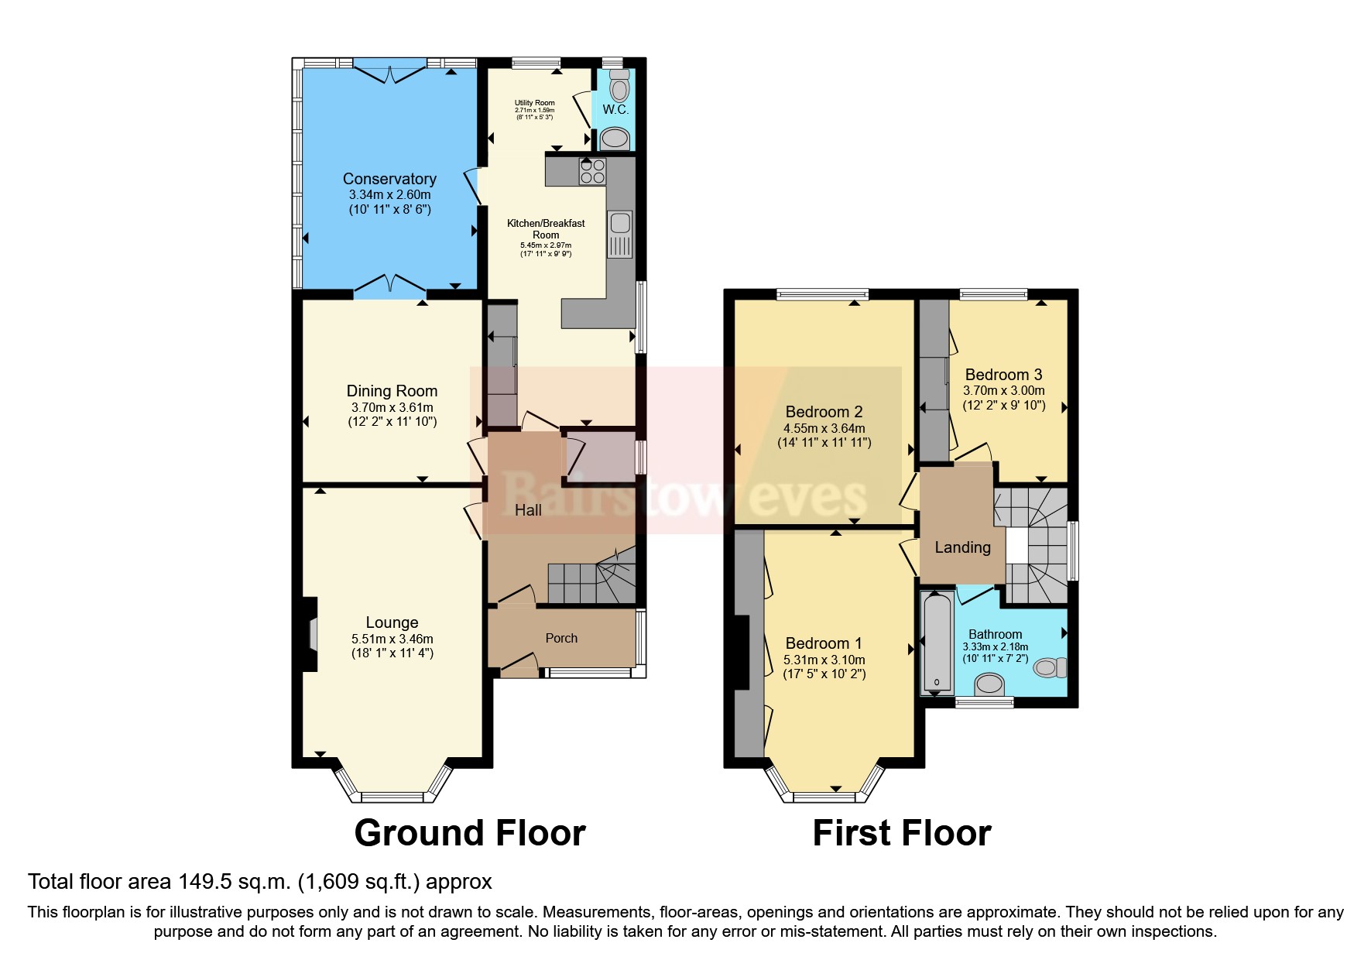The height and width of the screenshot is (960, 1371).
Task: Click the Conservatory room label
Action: [x=389, y=179]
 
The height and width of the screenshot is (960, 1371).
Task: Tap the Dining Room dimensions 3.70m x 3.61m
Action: [x=392, y=407]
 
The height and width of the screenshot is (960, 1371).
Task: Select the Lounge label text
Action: [x=392, y=622]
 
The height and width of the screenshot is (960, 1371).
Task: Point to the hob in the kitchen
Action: [x=592, y=171]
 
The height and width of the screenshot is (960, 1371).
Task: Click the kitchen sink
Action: [x=619, y=224]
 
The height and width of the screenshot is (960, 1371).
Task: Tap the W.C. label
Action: [x=615, y=109]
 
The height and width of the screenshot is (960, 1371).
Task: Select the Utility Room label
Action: [x=534, y=103]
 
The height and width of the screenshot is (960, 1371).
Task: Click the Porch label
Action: [x=561, y=638]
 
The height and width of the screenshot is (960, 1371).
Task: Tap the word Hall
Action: [x=528, y=509]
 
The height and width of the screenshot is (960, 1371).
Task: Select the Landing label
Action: [x=962, y=547]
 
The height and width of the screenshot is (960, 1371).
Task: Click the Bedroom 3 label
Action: [x=1003, y=375]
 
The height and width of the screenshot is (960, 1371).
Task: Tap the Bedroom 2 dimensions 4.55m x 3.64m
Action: [x=824, y=428]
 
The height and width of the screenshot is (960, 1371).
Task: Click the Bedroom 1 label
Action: [x=823, y=643]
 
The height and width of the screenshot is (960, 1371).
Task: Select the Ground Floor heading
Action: [x=469, y=833]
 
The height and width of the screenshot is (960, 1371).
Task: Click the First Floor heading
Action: [x=901, y=833]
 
